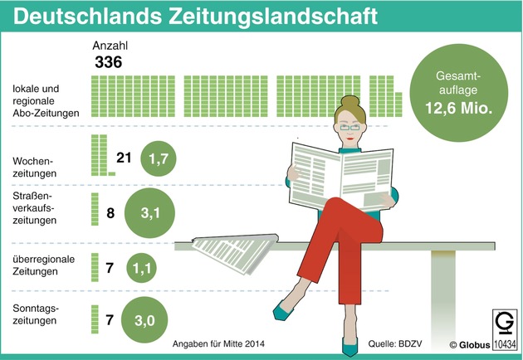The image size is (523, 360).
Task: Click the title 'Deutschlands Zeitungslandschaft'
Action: (x=195, y=16)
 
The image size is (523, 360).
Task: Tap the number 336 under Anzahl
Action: (x=109, y=62)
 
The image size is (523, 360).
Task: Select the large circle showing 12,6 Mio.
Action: (x=458, y=93)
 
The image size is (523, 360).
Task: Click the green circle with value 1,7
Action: (x=159, y=158)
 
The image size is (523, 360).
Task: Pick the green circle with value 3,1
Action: (x=149, y=213)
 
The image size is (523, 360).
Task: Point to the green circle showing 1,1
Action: (x=141, y=268)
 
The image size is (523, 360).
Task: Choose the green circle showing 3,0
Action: (x=144, y=320)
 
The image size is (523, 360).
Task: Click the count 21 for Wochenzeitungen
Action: (x=124, y=158)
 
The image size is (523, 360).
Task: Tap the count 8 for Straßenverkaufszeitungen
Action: (x=110, y=213)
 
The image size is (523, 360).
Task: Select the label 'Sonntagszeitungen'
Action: (x=36, y=314)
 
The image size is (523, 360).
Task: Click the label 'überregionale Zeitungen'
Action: (x=43, y=265)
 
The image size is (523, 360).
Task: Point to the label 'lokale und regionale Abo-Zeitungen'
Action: (x=46, y=100)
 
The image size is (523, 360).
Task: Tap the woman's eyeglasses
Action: (x=349, y=127)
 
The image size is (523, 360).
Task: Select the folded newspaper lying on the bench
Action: (x=235, y=253)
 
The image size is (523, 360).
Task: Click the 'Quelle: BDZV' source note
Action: (x=395, y=343)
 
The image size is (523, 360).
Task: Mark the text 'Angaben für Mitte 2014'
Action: (x=218, y=343)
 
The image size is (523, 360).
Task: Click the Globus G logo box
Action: (x=504, y=324)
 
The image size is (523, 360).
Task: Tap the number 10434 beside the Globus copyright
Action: (x=505, y=344)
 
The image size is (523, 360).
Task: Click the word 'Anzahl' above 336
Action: (x=110, y=46)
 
